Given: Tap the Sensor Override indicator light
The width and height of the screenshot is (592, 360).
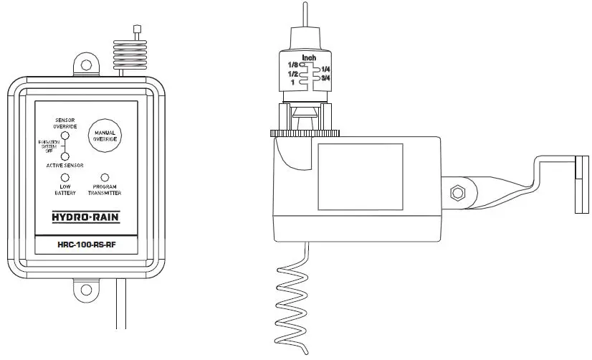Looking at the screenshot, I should tap(65, 135).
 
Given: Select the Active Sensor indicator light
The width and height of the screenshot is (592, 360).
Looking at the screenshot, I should tap(65, 156).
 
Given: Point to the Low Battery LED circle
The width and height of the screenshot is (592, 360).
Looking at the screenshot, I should tap(65, 177).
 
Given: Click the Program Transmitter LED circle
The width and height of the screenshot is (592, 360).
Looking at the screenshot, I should tap(105, 177).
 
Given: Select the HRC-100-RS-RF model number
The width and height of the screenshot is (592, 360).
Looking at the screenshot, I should tap(86, 244).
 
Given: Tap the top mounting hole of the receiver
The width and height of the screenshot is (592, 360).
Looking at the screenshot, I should tap(87, 65).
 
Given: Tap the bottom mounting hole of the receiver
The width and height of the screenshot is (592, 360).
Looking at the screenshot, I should tap(87, 290).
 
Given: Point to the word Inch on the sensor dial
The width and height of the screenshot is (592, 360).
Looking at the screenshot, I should tap(309, 57).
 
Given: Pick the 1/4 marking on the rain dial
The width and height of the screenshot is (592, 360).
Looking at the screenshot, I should tap(326, 68).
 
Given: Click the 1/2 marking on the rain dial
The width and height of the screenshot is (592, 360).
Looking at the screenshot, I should tap(292, 74).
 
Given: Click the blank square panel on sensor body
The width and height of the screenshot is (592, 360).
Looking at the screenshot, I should tap(360, 177).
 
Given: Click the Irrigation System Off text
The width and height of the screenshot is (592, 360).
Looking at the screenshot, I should tap(49, 146).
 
